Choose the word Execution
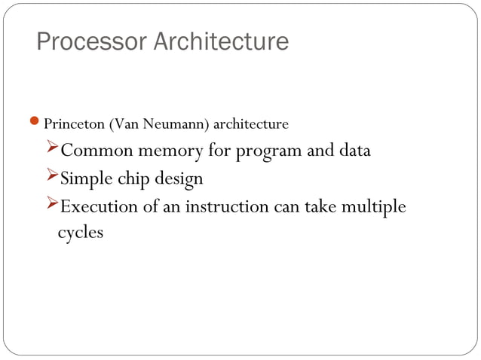click(x=97, y=206)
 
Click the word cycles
click(x=81, y=233)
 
